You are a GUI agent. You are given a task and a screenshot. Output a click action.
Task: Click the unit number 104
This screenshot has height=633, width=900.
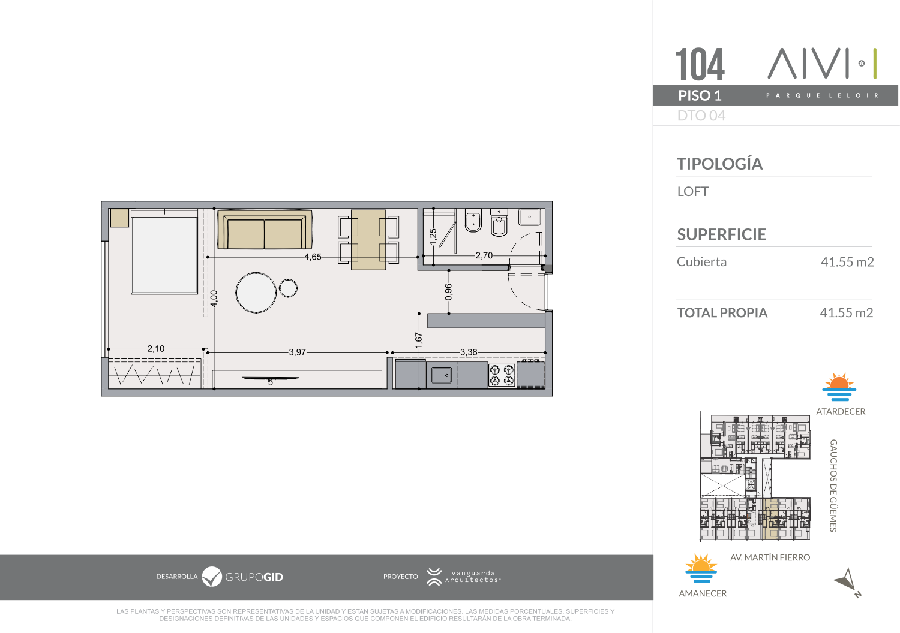(700, 64)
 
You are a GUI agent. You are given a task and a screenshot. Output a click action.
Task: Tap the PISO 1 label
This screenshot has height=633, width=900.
(700, 95)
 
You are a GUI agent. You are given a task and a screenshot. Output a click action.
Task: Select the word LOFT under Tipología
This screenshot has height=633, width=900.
(692, 191)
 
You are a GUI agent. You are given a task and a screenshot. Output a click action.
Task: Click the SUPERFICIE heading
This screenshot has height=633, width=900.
(722, 234)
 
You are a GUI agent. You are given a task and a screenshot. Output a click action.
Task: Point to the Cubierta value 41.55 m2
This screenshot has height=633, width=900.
(847, 262)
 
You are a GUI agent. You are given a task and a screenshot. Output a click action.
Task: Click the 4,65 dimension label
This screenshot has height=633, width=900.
(313, 257)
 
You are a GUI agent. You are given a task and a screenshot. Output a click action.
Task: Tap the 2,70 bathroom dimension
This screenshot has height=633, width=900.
(484, 256)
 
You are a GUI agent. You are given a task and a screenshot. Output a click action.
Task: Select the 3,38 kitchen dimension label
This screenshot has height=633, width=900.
(469, 352)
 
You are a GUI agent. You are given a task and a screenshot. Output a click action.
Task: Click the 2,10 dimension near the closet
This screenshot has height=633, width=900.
(156, 349)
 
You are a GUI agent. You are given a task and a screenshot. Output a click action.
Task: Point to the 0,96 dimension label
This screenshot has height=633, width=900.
(448, 292)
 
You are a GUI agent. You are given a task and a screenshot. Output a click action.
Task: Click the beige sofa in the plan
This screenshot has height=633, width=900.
(265, 229)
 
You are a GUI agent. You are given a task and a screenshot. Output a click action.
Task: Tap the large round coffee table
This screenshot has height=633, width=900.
(256, 293)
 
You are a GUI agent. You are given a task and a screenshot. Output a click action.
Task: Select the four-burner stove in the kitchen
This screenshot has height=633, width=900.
(502, 375)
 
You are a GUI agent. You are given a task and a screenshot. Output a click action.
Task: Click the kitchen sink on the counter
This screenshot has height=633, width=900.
(442, 376)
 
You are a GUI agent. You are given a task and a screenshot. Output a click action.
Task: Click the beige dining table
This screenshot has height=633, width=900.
(368, 240)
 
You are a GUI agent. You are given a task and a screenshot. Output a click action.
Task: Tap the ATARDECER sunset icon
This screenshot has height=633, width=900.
(839, 387)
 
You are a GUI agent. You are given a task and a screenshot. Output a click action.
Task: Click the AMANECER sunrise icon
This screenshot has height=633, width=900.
(701, 568)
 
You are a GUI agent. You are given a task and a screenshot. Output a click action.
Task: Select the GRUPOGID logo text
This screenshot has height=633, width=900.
(254, 577)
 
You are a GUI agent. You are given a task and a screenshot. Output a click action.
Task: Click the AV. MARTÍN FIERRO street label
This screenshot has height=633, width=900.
(770, 557)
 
